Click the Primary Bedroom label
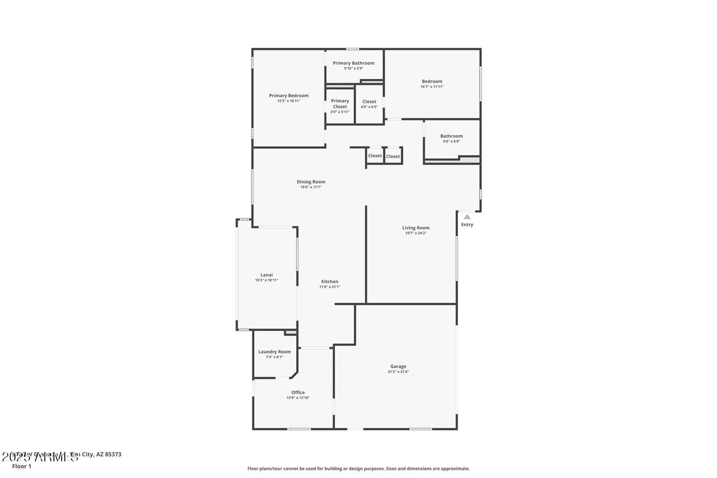pyautogui.click(x=289, y=95)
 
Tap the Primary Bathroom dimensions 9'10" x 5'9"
pyautogui.click(x=353, y=68)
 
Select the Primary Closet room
pyautogui.click(x=340, y=106)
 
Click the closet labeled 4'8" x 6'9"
pyautogui.click(x=369, y=104)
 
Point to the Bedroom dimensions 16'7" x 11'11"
pyautogui.click(x=432, y=87)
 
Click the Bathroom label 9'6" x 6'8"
pyautogui.click(x=451, y=138)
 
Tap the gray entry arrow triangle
pyautogui.click(x=467, y=217)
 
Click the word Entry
pyautogui.click(x=467, y=224)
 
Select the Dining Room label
pyautogui.click(x=311, y=182)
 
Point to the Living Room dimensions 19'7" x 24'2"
pyautogui.click(x=416, y=233)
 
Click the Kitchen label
pyautogui.click(x=329, y=281)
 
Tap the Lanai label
pyautogui.click(x=266, y=275)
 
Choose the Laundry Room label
pyautogui.click(x=274, y=352)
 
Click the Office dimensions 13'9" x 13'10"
pyautogui.click(x=298, y=398)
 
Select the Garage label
pyautogui.click(x=398, y=366)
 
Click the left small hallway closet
pyautogui.click(x=375, y=156)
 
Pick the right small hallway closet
pyautogui.click(x=393, y=156)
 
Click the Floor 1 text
pyautogui.click(x=22, y=466)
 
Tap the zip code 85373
pyautogui.click(x=113, y=454)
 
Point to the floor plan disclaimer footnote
pyautogui.click(x=358, y=469)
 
